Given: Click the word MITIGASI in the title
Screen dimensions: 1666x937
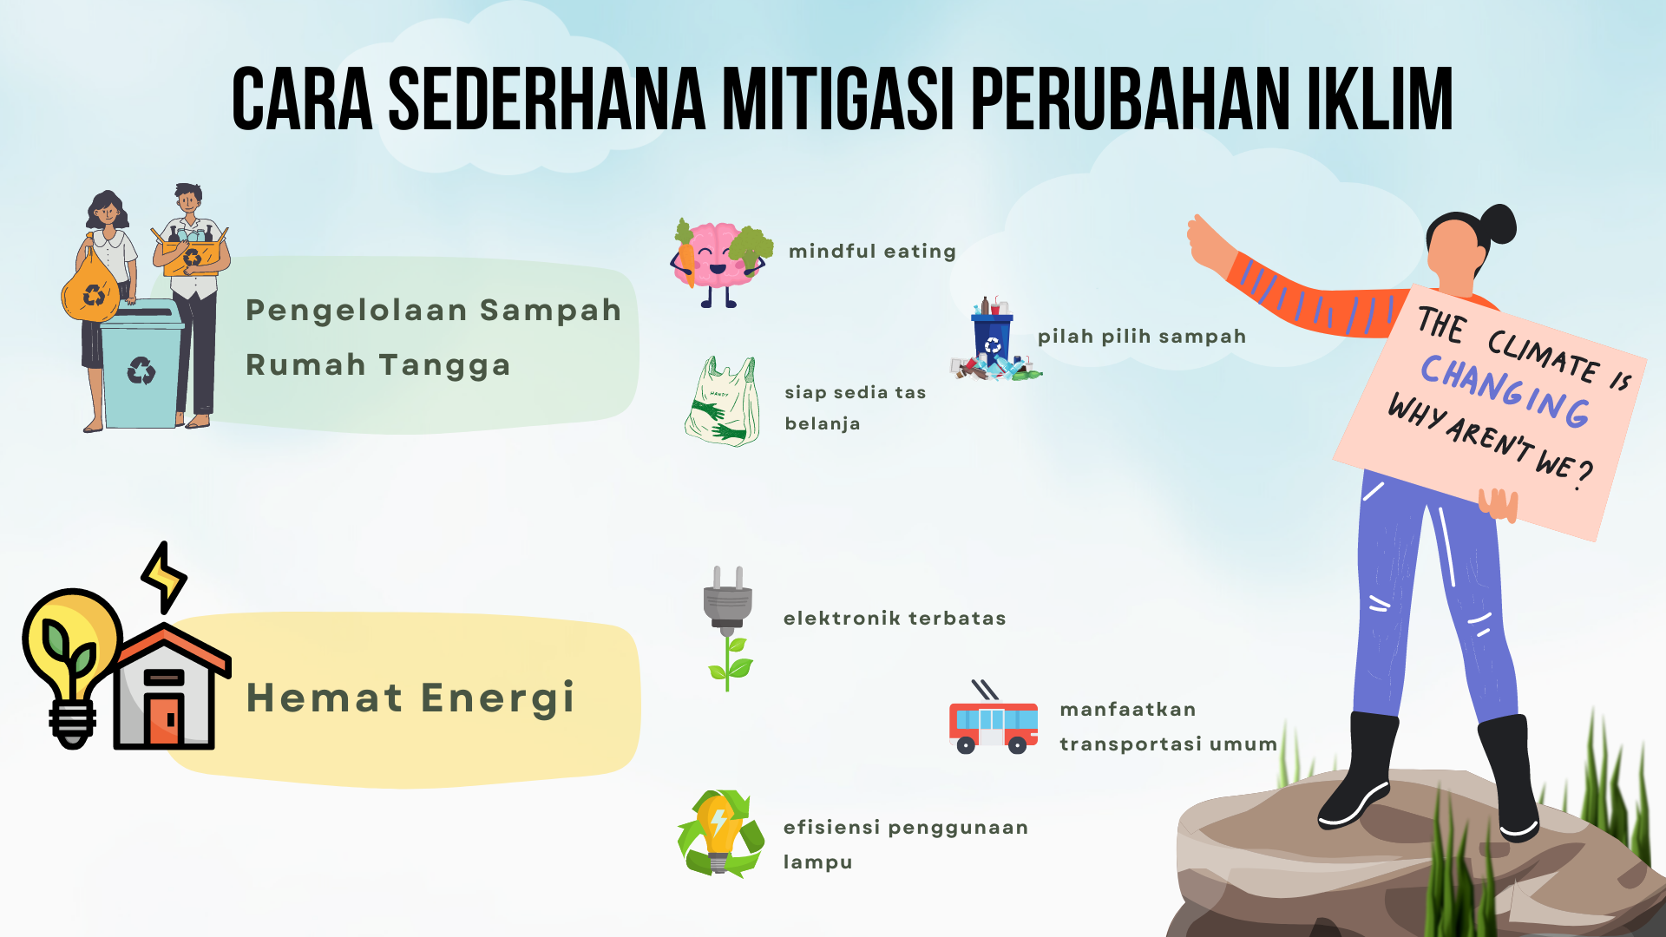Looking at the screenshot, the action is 833,99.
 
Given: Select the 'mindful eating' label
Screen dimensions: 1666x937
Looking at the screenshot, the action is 872,252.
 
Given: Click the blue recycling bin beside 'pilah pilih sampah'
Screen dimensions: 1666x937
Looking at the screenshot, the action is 993,338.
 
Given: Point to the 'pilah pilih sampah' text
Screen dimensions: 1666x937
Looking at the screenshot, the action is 1142,337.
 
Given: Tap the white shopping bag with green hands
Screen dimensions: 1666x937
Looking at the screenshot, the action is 722,402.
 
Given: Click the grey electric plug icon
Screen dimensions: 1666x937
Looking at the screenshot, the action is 727,599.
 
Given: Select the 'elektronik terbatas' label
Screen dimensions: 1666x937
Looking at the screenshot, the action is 895,619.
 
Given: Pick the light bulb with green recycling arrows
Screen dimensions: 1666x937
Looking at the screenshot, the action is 720,834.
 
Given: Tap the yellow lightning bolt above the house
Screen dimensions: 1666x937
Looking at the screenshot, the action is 164,577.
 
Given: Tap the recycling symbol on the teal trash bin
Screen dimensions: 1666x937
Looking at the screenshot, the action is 141,371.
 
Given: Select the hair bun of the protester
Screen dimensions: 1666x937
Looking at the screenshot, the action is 1499,224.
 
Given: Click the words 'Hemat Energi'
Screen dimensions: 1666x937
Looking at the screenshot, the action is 410,698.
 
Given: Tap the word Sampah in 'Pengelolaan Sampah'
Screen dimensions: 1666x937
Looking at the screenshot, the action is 550,311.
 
